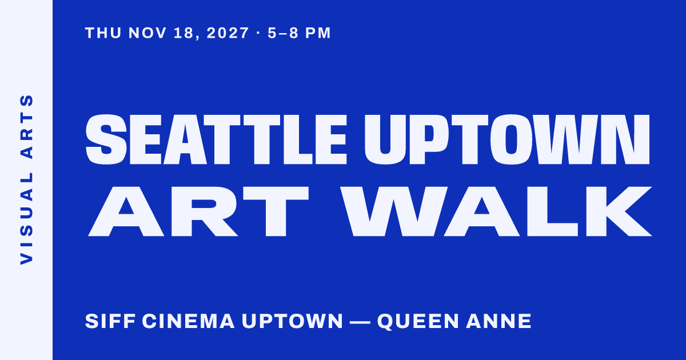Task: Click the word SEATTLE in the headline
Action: click(x=216, y=139)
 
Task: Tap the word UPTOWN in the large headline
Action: click(x=507, y=139)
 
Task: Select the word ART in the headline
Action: click(x=198, y=211)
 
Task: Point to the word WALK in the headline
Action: click(x=496, y=211)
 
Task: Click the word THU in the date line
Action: click(x=103, y=33)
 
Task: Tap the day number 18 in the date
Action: click(x=184, y=33)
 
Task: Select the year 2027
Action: click(x=228, y=33)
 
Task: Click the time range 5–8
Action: click(x=283, y=33)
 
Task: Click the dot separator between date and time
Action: click(x=258, y=33)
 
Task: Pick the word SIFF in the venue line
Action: click(x=110, y=321)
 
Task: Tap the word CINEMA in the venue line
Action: click(x=188, y=321)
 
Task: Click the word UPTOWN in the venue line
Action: click(x=293, y=321)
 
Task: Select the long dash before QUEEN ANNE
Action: click(x=360, y=322)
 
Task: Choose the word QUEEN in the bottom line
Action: click(x=418, y=321)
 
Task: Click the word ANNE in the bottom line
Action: click(x=498, y=321)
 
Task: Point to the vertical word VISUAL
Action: click(x=26, y=218)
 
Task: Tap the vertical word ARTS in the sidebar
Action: click(x=26, y=126)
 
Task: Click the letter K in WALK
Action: click(x=619, y=211)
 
